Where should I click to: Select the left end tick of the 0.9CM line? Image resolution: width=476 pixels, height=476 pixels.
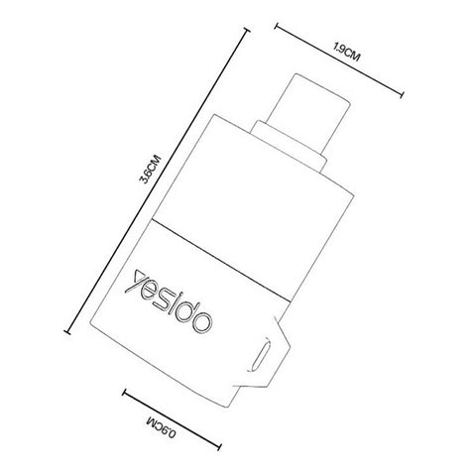pyautogui.click(x=127, y=395)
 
